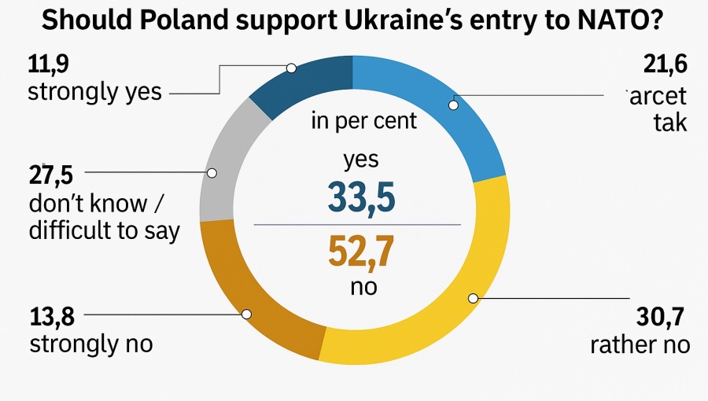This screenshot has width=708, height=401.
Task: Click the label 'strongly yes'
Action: click(x=94, y=92)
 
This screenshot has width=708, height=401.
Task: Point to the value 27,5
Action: click(x=50, y=175)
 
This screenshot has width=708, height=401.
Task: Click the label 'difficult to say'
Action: click(x=105, y=230)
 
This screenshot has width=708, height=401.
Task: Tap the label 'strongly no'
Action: click(x=90, y=344)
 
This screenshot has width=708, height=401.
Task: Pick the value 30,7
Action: click(x=658, y=318)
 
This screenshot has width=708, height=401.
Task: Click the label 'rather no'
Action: click(x=640, y=344)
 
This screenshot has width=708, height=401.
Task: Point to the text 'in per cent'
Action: click(x=363, y=122)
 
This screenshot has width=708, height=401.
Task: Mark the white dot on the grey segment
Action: click(x=211, y=173)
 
